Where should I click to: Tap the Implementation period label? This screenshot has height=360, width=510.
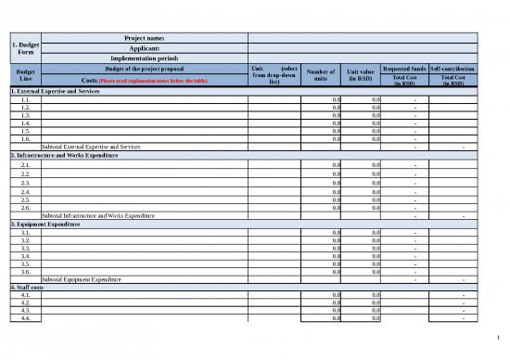pos(144,58)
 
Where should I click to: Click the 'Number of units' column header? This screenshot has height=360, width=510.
pos(320,75)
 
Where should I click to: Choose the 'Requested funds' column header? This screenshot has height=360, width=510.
pos(404,69)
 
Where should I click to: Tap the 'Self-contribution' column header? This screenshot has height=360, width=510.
pos(453,69)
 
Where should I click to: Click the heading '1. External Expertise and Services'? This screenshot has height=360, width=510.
pos(55,91)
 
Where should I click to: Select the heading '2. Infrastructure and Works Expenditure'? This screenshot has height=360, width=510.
pos(64,155)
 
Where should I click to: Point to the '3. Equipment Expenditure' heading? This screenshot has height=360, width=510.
pos(45,225)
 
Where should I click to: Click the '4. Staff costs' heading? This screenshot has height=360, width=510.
pos(26,287)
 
